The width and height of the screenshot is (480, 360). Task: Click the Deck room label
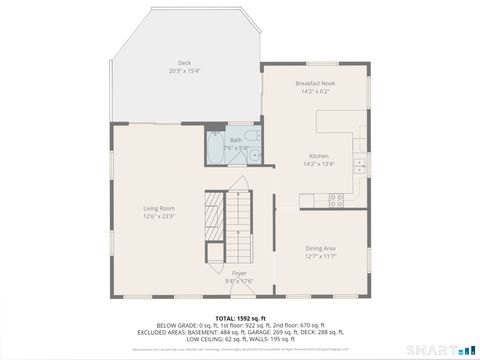tap(185, 63)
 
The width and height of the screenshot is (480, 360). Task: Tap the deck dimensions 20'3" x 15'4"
tap(185, 71)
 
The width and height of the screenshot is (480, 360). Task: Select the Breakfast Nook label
tap(314, 83)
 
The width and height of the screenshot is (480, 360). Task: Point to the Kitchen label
tap(319, 156)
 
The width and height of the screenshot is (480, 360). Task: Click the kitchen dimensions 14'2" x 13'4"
tap(319, 164)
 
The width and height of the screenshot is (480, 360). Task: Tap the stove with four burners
tap(336, 199)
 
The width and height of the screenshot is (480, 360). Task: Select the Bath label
tap(236, 140)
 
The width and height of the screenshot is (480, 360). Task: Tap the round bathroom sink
tap(254, 156)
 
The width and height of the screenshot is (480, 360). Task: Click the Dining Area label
tap(320, 247)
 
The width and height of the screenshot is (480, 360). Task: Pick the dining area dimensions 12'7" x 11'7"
tap(320, 255)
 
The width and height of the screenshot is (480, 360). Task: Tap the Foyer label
tap(239, 272)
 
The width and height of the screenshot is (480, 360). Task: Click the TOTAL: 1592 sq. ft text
tap(239, 318)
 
